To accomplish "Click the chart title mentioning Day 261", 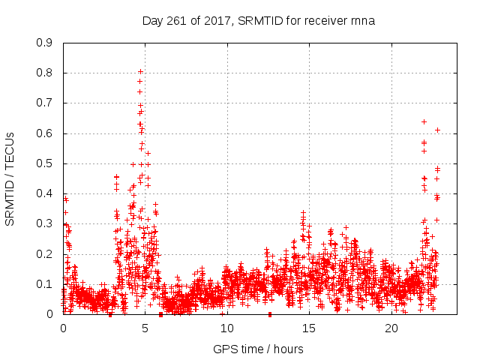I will (259, 21).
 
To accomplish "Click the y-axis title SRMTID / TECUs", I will (10, 178).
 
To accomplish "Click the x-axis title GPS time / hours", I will (259, 349).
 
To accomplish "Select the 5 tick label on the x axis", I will (145, 328).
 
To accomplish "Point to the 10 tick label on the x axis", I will (227, 328).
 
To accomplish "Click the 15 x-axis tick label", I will (309, 328).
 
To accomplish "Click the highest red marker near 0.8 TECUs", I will (140, 72).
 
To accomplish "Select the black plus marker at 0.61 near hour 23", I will (437, 130).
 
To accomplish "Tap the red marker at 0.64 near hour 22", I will (424, 121).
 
